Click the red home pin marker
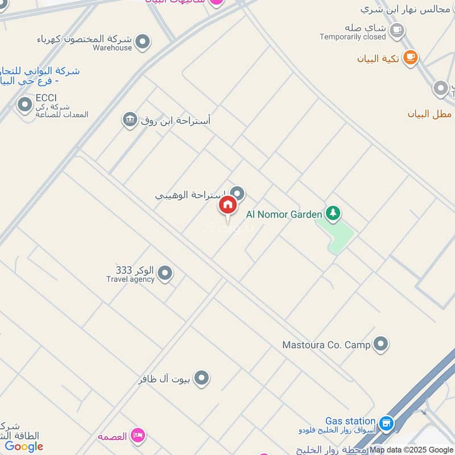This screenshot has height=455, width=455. (227, 205)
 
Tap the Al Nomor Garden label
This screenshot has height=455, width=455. (284, 214)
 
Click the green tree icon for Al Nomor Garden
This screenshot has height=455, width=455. (333, 214)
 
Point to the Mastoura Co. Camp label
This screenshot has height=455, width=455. (326, 345)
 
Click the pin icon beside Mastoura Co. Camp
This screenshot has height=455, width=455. (380, 344)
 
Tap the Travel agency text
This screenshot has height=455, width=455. (130, 279)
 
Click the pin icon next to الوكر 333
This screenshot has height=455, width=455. (165, 274)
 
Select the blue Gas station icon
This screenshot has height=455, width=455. (387, 423)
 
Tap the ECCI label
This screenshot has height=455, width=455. (46, 98)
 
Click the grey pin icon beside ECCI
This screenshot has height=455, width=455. (24, 105)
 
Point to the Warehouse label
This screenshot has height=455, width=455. (112, 48)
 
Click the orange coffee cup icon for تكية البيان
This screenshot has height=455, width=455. (409, 57)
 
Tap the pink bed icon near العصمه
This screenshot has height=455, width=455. (137, 436)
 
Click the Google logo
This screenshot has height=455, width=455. (24, 447)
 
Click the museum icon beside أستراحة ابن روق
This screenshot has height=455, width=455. (130, 119)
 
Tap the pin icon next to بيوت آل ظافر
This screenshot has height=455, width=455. (201, 378)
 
